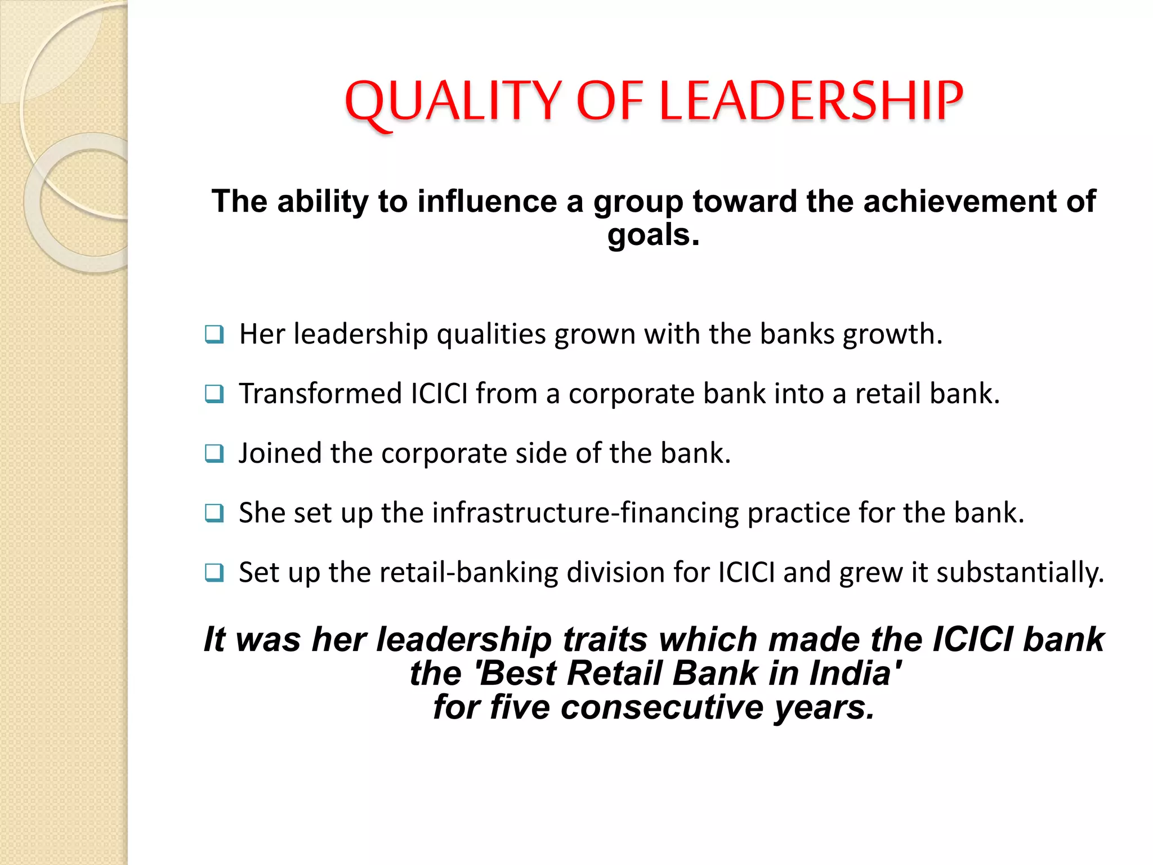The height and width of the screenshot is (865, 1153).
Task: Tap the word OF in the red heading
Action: [x=610, y=101]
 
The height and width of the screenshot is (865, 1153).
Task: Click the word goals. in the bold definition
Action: [x=653, y=235]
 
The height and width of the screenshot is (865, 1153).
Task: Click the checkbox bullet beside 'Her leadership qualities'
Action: [x=214, y=335]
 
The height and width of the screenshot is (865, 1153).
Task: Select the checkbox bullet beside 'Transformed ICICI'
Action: [x=214, y=394]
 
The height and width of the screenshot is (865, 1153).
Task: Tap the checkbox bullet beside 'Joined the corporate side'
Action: [x=214, y=453]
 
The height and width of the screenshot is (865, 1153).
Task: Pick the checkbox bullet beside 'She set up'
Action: [x=214, y=513]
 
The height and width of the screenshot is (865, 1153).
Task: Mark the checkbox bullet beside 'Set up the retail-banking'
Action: [x=214, y=573]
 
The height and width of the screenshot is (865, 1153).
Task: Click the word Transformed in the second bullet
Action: [x=320, y=393]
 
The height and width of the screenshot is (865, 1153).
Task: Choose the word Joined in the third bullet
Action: [x=280, y=453]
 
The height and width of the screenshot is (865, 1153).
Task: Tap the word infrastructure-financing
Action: [x=586, y=512]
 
